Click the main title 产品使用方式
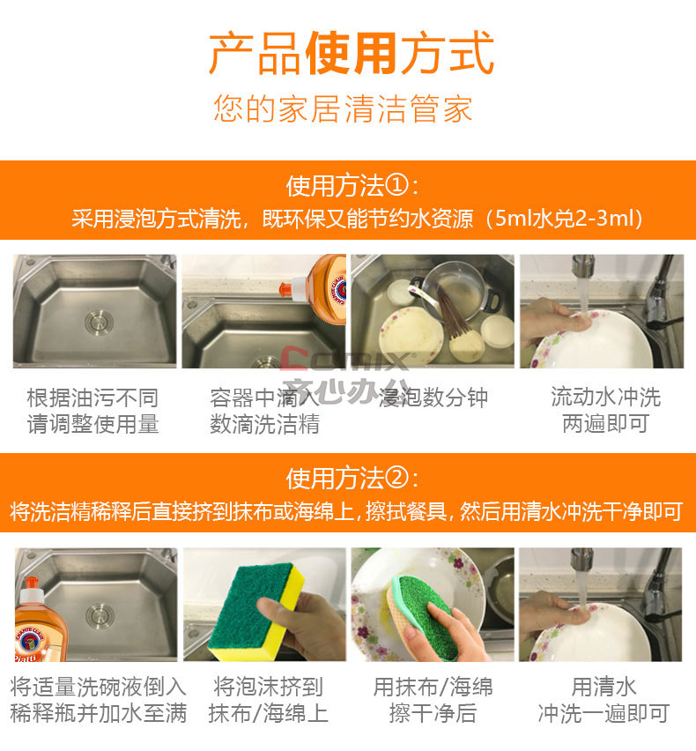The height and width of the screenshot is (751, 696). click(x=352, y=53)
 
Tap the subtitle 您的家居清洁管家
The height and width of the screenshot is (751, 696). click(x=343, y=108)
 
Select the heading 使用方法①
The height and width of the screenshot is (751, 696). click(x=352, y=186)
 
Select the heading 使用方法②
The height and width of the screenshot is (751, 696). click(x=352, y=479)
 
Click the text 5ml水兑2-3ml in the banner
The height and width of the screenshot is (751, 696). click(x=563, y=219)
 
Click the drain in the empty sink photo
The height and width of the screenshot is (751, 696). click(x=99, y=322)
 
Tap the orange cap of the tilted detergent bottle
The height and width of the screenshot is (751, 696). click(x=286, y=288)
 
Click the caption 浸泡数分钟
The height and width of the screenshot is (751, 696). click(x=433, y=398)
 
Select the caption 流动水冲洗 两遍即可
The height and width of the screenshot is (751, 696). click(x=605, y=411)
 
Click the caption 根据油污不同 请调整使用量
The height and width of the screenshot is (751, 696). click(x=93, y=411)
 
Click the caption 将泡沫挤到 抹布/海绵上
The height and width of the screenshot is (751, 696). click(x=268, y=700)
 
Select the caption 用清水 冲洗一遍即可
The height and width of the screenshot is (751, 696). click(x=603, y=700)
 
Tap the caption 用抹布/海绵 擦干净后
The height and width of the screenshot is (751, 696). click(x=433, y=700)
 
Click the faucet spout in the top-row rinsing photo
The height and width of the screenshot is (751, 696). click(x=583, y=266)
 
